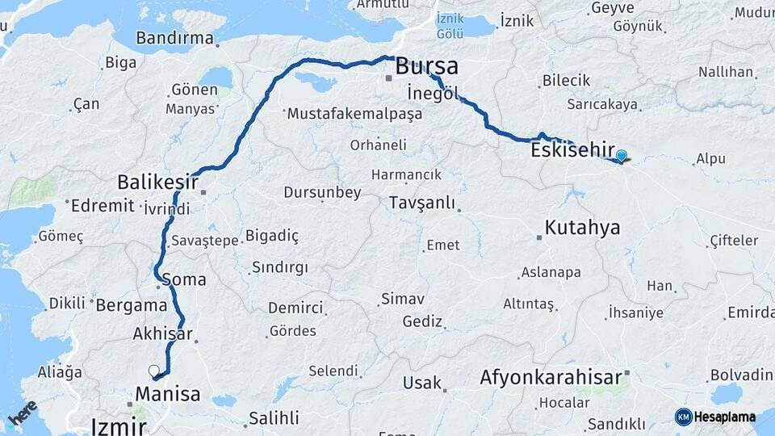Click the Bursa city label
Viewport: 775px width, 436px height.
(x=426, y=66)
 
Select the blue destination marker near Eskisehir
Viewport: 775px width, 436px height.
(x=621, y=156)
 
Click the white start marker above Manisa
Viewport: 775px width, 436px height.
(x=153, y=371)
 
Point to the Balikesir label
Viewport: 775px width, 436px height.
(x=157, y=181)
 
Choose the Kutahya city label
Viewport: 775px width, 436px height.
(x=582, y=228)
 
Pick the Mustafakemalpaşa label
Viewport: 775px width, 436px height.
(x=354, y=114)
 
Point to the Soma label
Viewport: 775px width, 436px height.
(x=183, y=279)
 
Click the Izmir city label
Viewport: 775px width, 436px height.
(x=119, y=426)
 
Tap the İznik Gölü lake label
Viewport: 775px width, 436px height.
(x=450, y=25)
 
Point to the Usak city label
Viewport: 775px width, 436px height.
(x=422, y=383)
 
